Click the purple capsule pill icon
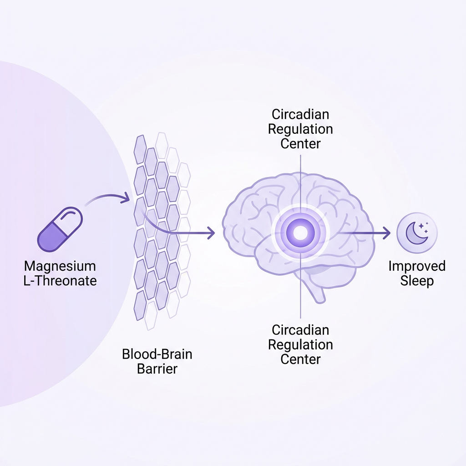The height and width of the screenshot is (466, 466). click(60, 229)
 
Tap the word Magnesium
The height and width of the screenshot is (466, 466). click(60, 266)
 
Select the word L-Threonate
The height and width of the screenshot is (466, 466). click(60, 281)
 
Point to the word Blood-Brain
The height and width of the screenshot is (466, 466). click(157, 354)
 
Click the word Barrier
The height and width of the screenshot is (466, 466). click(157, 369)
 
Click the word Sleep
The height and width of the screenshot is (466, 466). click(417, 281)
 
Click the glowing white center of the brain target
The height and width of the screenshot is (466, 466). click(300, 233)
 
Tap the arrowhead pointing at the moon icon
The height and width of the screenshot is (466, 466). click(387, 233)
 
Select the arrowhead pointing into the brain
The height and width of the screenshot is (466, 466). click(211, 233)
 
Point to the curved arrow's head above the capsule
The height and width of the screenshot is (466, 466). click(126, 198)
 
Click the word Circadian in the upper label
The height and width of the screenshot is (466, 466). click(300, 114)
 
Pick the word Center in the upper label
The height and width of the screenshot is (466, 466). click(300, 144)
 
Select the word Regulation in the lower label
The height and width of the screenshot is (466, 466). click(300, 345)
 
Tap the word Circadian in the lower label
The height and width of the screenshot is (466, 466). click(300, 330)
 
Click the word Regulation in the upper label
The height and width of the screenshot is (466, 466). click(300, 130)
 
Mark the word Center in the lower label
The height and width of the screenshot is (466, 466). click(300, 360)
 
